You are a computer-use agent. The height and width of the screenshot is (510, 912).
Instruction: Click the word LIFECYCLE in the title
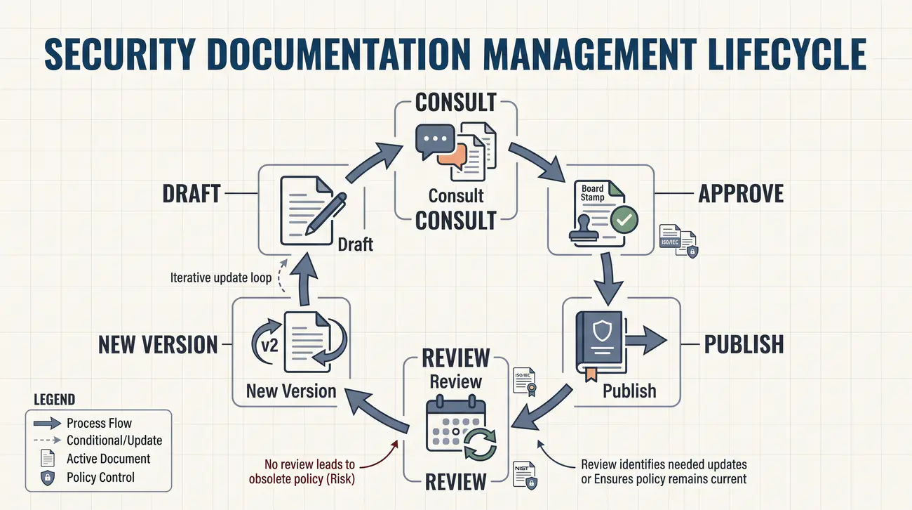point(787,54)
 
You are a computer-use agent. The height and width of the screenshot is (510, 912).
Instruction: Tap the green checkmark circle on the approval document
point(624,219)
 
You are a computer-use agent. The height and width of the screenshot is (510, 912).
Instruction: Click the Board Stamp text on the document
point(592,192)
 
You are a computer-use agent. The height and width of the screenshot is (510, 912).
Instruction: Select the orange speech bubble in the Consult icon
point(452,156)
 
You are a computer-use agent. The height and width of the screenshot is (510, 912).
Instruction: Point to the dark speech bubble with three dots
point(435,140)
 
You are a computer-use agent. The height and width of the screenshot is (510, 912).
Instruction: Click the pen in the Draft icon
point(326,214)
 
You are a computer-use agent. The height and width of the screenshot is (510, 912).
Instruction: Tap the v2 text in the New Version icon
point(269,346)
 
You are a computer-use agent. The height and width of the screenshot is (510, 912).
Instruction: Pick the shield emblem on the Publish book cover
point(602,330)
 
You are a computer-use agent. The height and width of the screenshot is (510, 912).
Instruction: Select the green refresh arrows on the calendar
point(481,444)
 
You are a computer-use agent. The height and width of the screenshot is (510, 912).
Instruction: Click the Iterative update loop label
point(221,277)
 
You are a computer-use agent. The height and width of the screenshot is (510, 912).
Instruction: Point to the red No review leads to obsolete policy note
point(302,471)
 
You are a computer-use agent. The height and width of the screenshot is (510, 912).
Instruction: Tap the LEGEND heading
point(55,399)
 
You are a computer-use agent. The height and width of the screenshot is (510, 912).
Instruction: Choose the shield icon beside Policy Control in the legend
point(48,478)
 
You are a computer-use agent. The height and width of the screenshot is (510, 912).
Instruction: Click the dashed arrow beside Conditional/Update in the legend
point(47,440)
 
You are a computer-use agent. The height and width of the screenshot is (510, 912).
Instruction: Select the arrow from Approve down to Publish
point(608,278)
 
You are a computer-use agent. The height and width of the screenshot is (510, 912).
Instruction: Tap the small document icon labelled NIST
point(525,475)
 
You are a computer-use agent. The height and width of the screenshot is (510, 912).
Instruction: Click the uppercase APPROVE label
point(741,194)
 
